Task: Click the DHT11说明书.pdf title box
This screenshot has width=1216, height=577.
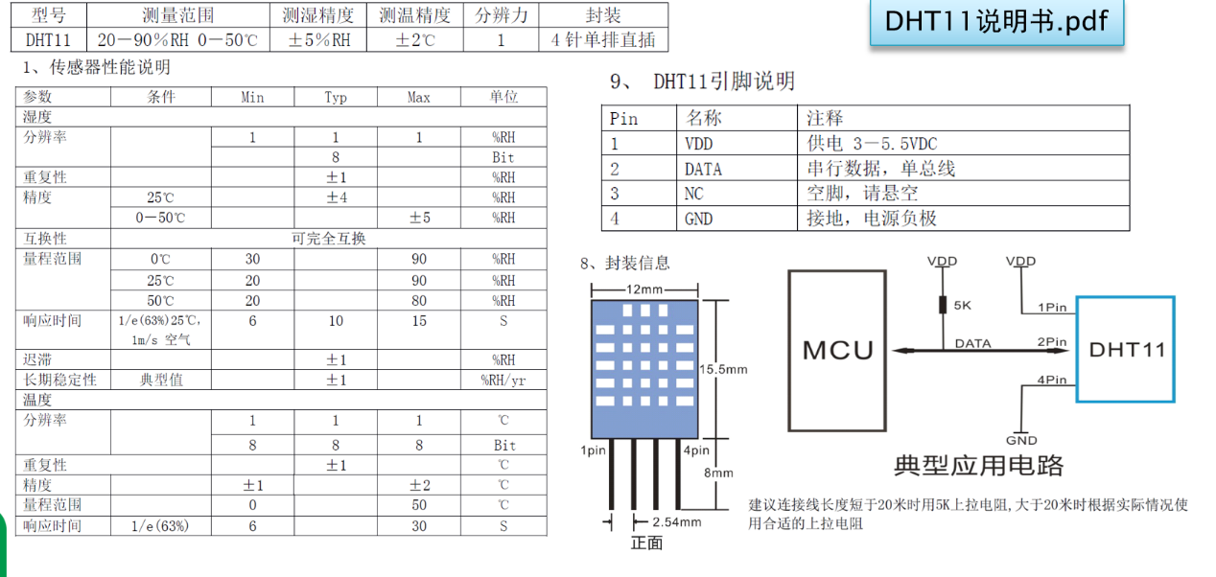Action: [x=996, y=23]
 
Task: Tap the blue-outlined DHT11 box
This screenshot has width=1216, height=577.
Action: [x=1126, y=349]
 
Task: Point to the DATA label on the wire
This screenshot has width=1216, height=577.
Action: [x=974, y=342]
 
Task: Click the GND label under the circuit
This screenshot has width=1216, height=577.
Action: [x=1021, y=440]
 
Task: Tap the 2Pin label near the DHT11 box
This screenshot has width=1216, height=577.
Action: [x=1052, y=341]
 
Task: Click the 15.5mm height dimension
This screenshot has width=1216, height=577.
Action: [x=723, y=369]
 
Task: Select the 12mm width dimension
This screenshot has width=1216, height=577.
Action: [x=644, y=288]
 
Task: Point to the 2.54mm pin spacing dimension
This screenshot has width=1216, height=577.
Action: [x=677, y=522]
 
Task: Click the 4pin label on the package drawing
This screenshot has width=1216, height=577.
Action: [x=697, y=450]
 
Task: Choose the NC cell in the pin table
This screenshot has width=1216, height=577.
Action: [x=694, y=194]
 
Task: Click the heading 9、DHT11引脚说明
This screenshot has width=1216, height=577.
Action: [x=703, y=81]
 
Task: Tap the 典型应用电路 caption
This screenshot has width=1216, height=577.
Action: [x=978, y=466]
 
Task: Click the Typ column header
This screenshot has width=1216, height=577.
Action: [x=336, y=98]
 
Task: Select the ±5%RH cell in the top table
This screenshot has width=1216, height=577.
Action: [x=319, y=40]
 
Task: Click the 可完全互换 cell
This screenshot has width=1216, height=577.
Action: [x=329, y=238]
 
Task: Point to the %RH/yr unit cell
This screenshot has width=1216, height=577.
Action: [x=503, y=380]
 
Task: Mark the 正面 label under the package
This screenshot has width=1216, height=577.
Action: [x=647, y=543]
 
